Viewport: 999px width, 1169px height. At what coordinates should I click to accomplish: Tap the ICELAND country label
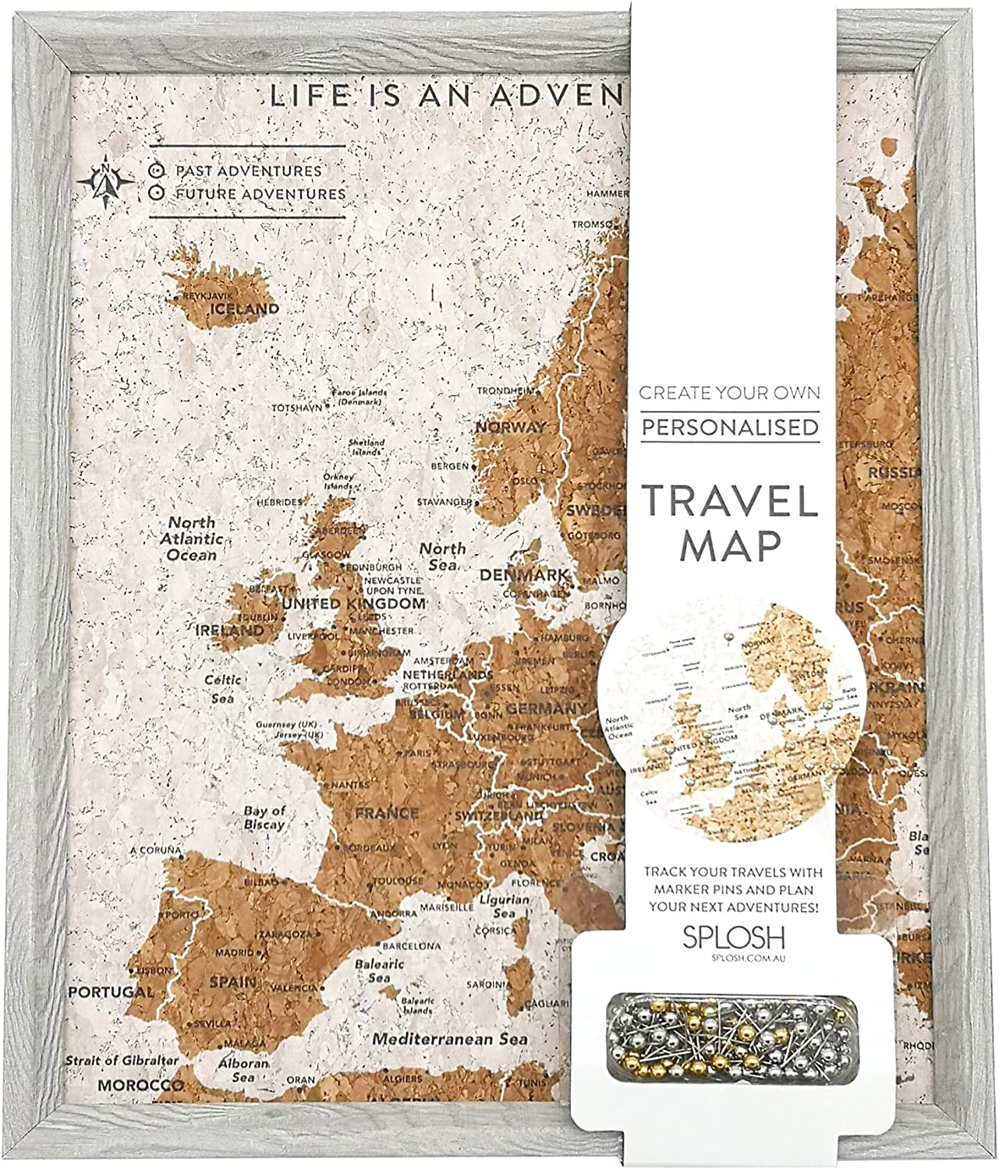pyautogui.click(x=242, y=309)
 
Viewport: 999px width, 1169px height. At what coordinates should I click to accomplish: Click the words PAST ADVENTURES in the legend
pyautogui.click(x=248, y=170)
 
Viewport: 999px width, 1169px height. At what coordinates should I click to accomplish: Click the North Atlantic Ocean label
pyautogui.click(x=192, y=539)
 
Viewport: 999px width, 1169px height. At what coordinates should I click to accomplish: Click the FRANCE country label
pyautogui.click(x=386, y=814)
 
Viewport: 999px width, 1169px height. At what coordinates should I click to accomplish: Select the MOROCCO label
pyautogui.click(x=140, y=1085)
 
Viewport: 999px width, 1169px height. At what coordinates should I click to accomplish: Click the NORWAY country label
pyautogui.click(x=511, y=427)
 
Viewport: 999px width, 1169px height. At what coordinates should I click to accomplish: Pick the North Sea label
pyautogui.click(x=443, y=556)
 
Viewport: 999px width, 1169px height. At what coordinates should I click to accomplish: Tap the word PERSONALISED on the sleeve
pyautogui.click(x=730, y=428)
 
